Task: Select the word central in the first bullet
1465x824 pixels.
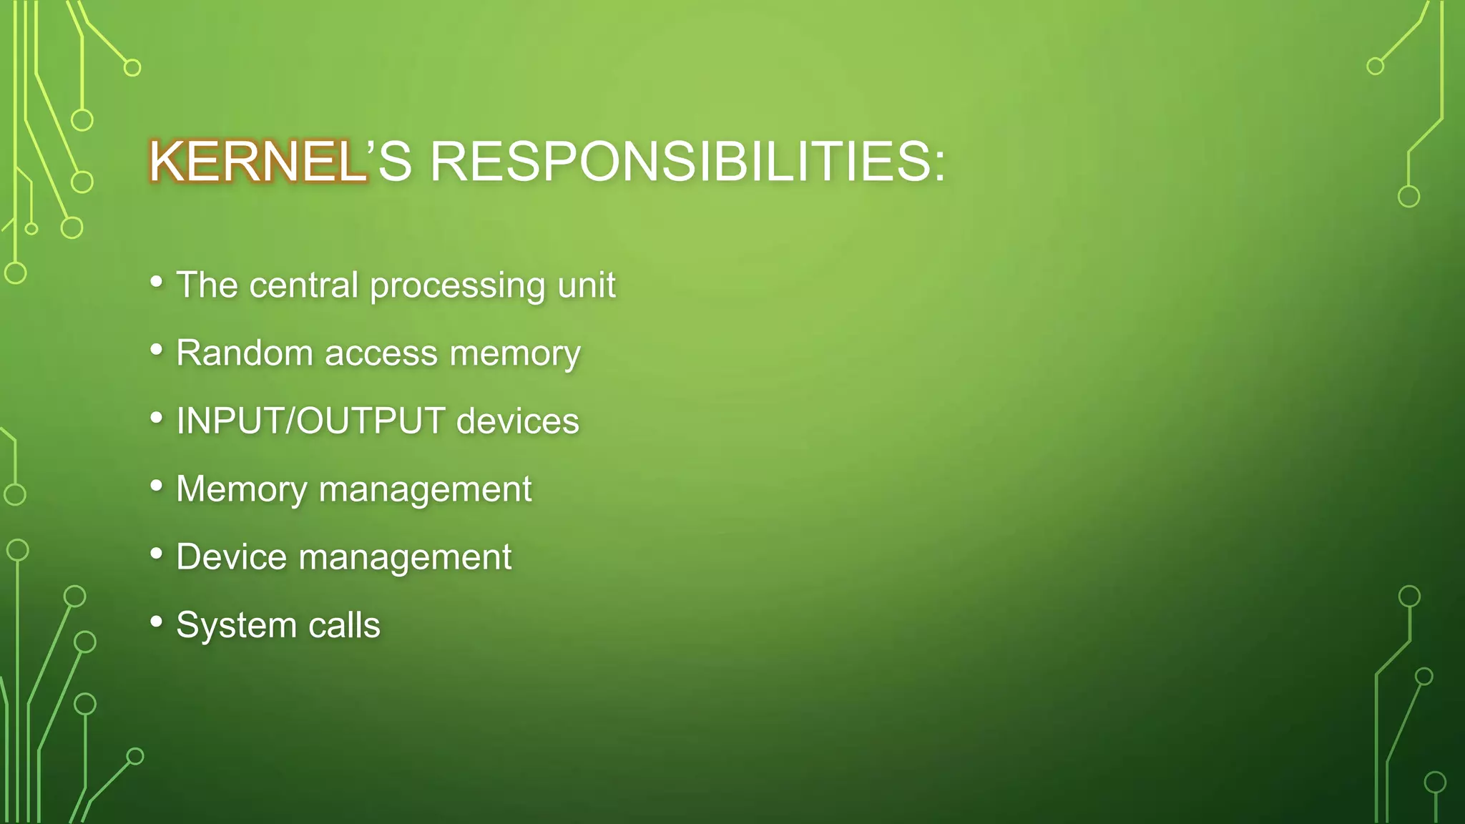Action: point(303,285)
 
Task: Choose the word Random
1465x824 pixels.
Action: point(245,353)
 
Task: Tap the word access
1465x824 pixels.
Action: point(381,354)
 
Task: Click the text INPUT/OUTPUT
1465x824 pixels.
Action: point(310,421)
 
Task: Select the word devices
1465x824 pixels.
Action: point(517,421)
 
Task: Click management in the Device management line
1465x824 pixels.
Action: point(405,558)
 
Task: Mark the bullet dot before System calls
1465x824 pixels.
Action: point(157,621)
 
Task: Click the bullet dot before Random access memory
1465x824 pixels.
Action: point(157,349)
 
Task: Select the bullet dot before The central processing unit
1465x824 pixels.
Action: point(157,281)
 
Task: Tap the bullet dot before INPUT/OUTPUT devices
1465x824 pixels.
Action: point(157,417)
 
